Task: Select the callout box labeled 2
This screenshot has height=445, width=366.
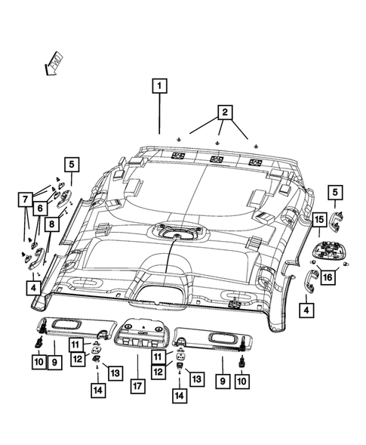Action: tap(224, 113)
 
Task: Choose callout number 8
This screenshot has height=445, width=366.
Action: tap(51, 224)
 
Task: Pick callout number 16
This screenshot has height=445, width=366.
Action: tap(327, 277)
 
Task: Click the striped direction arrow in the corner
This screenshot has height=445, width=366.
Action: tap(54, 63)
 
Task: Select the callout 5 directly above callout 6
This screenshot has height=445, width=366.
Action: tap(70, 163)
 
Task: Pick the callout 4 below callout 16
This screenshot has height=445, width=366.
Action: tap(306, 309)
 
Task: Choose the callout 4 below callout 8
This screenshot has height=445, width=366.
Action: tap(35, 287)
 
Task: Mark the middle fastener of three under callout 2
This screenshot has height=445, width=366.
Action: tap(218, 142)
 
